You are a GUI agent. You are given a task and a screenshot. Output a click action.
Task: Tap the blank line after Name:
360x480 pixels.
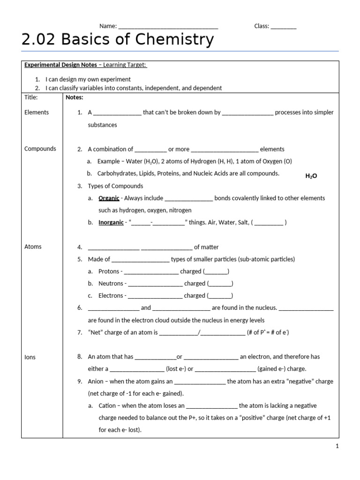pos(168,27)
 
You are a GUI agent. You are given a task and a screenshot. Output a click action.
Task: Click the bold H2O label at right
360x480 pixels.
pos(311,176)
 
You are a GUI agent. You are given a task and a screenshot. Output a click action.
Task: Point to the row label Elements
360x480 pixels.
pos(37,112)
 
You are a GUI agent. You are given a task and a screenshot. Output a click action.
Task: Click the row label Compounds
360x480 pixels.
pos(40,149)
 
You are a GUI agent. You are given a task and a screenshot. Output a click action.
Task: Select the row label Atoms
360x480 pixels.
pos(33,247)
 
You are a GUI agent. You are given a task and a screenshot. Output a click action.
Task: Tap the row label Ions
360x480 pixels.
pos(30,357)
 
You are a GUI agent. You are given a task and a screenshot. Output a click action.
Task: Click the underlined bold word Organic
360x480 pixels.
pos(109,198)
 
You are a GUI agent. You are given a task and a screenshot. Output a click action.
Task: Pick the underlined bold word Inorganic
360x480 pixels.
pos(111,223)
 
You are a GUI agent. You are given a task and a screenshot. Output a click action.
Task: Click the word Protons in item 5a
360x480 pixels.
pos(109,271)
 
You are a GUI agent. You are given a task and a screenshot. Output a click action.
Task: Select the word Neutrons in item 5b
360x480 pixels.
pos(111,284)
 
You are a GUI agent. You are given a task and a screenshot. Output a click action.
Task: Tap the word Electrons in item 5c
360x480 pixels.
pos(111,296)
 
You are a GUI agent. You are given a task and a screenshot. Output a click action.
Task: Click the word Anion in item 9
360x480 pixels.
pos(96,382)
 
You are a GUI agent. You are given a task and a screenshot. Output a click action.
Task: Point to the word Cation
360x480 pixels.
pos(107,406)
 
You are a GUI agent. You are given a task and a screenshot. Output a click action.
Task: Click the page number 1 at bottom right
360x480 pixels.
pos(337,447)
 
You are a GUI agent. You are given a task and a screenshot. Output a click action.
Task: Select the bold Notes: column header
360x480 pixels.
pos(75,97)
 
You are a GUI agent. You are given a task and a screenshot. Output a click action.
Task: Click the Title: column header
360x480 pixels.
pos(31,97)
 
